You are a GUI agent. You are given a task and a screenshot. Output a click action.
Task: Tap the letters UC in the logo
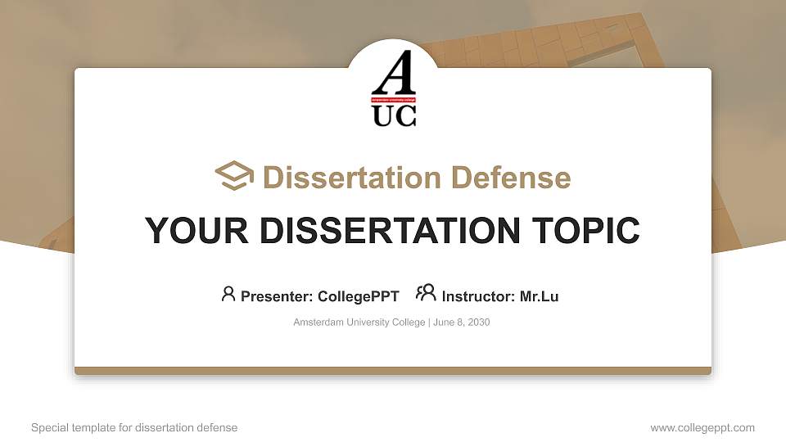[394, 116]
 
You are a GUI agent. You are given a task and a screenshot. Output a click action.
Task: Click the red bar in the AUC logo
[394, 100]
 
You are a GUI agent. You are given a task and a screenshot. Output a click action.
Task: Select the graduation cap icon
[234, 176]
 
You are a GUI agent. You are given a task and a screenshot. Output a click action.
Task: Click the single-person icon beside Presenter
[228, 293]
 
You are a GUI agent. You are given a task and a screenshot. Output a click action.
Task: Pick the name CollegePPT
[358, 296]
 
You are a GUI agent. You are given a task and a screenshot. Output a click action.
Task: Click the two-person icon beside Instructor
[426, 292]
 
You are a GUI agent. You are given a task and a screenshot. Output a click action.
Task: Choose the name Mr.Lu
[539, 296]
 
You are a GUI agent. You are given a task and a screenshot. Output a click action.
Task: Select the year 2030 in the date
[477, 322]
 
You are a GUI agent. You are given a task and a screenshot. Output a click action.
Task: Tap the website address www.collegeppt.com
[702, 427]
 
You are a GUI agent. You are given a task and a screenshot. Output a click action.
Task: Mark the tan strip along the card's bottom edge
[393, 371]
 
